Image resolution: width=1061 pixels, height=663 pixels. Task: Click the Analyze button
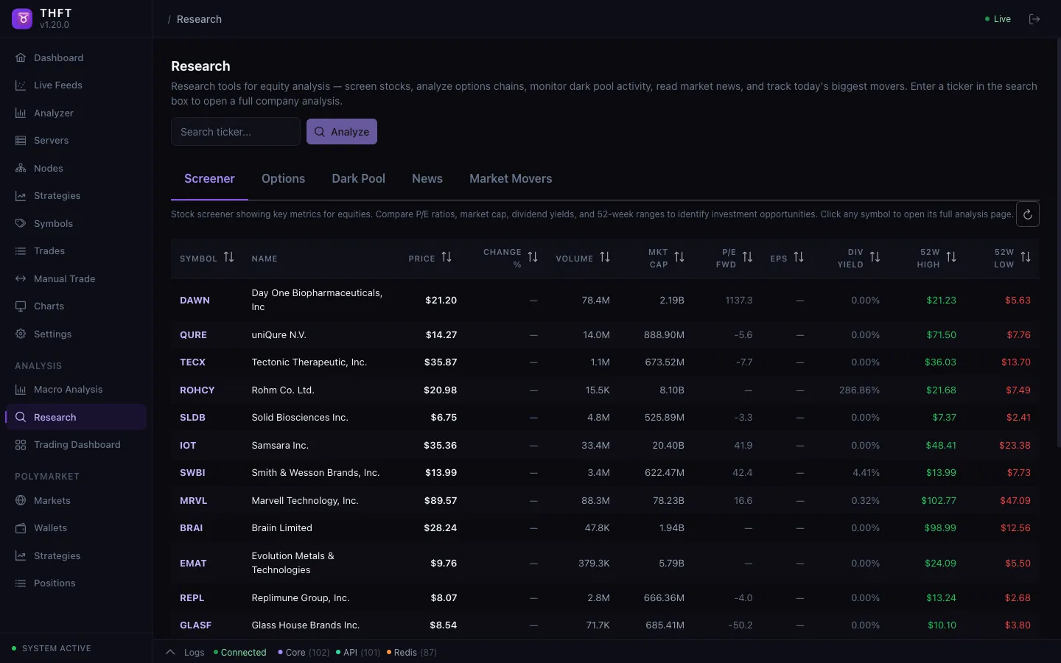click(x=342, y=132)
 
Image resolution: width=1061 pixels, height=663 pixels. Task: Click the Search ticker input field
click(x=236, y=132)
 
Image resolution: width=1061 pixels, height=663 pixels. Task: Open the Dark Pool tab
click(x=358, y=179)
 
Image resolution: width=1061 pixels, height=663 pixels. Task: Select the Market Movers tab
click(x=511, y=179)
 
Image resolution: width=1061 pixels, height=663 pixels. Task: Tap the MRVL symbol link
click(x=194, y=501)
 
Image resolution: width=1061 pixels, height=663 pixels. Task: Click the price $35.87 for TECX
click(x=441, y=362)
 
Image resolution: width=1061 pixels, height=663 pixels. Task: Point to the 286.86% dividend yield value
click(x=859, y=390)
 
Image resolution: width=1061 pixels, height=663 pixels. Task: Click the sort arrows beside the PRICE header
click(x=447, y=258)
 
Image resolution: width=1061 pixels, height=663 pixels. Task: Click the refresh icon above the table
click(x=1028, y=214)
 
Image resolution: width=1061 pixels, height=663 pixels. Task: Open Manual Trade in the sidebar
click(x=64, y=279)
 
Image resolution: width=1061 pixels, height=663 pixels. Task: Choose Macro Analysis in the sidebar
click(x=68, y=390)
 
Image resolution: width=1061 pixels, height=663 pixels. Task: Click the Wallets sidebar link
click(x=50, y=528)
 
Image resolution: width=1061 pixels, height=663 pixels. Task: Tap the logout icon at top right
click(x=1034, y=19)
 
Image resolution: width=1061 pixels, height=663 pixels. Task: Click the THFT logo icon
click(x=22, y=19)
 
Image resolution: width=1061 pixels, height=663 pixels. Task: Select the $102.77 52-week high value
click(x=939, y=501)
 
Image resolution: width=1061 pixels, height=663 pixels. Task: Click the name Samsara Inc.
click(x=280, y=446)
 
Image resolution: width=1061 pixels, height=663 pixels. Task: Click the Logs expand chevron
click(x=170, y=653)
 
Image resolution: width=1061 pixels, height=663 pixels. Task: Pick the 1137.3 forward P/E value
click(x=738, y=301)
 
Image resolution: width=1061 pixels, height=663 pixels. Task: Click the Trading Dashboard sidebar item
click(x=77, y=445)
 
